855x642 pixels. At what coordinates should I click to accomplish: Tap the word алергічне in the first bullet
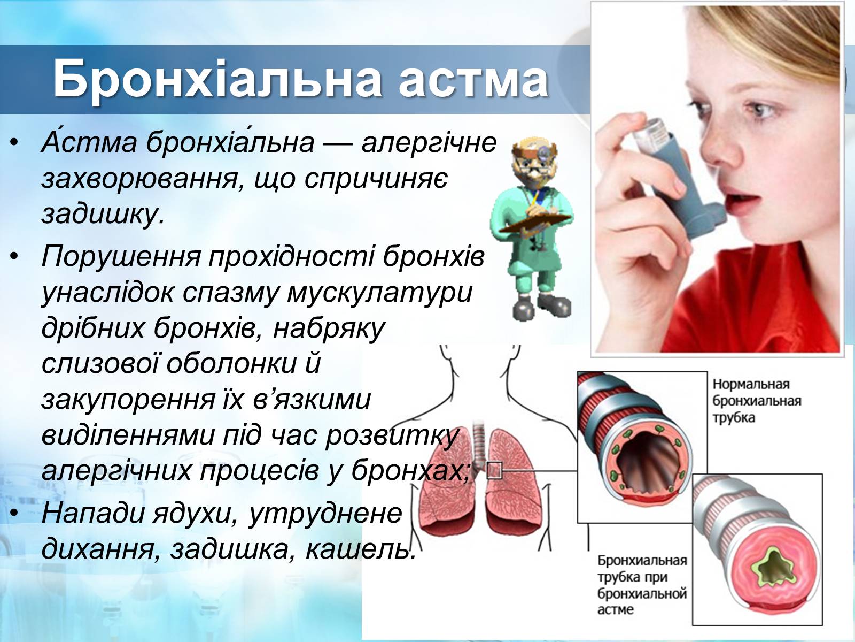[429, 143]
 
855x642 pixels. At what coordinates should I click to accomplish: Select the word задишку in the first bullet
[103, 214]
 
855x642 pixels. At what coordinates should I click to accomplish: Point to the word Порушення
[121, 258]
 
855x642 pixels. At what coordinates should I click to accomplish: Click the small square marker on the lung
[494, 470]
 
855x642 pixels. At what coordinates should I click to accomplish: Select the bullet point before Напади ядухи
[14, 513]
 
